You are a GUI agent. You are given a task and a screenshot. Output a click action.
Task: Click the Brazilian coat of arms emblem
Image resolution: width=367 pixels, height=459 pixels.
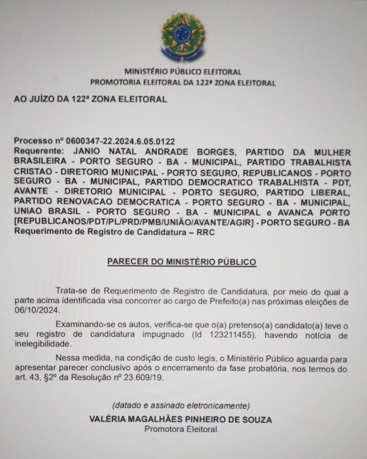coord(183,37)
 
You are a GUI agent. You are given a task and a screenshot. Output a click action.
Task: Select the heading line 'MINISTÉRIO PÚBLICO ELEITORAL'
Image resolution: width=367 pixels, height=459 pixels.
coord(183,72)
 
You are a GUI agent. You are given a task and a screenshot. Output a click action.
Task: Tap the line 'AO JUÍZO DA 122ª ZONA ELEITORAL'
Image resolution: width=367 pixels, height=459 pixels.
coord(90,99)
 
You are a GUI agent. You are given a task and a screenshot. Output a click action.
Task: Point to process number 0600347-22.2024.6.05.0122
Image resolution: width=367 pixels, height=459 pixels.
coord(120,141)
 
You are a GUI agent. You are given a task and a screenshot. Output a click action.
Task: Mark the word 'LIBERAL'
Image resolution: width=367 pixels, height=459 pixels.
coord(332,192)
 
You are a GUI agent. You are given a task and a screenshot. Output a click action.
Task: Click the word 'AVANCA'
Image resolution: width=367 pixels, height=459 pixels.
coord(295,213)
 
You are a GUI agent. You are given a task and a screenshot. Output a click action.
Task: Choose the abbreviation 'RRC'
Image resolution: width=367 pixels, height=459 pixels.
coord(206,233)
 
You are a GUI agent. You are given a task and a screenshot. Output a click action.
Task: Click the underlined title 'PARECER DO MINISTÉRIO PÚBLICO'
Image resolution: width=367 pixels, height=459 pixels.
coord(182,262)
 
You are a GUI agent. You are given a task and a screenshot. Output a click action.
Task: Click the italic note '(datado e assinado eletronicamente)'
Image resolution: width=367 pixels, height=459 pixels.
coord(181,405)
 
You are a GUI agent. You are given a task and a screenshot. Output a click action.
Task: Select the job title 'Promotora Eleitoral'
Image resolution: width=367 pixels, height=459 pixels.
coord(181,429)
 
